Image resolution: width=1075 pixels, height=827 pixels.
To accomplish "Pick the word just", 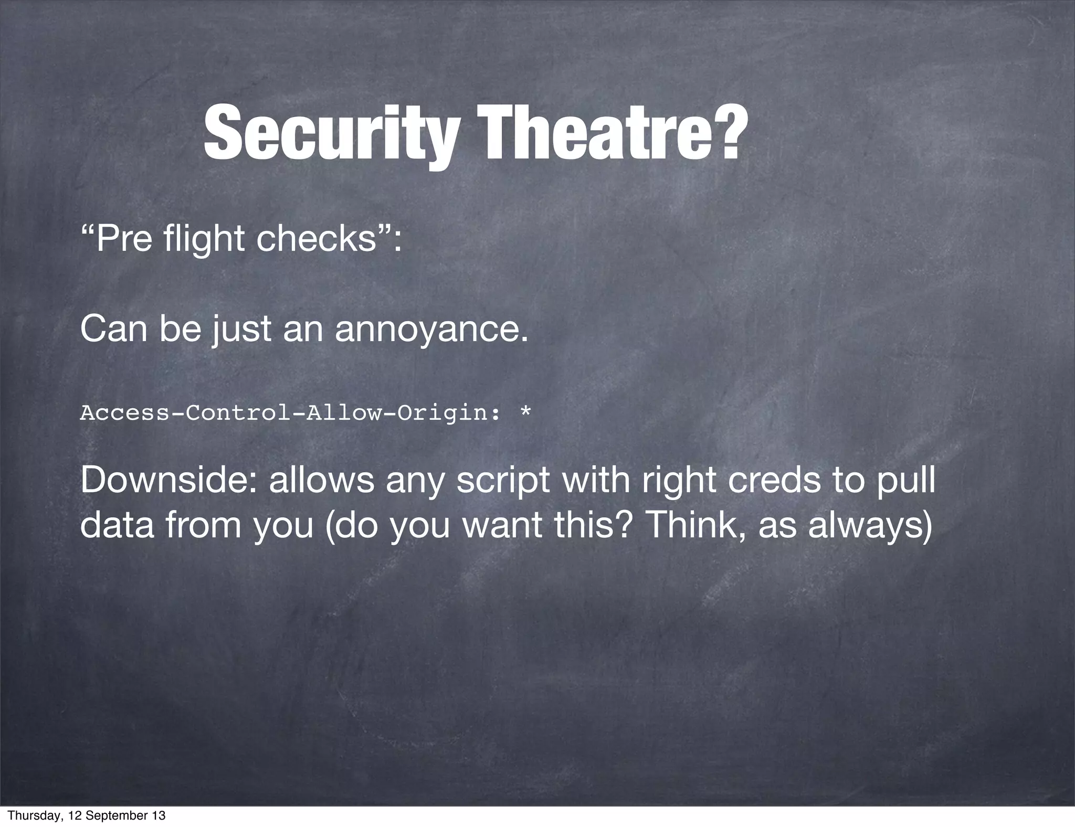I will click(x=241, y=331).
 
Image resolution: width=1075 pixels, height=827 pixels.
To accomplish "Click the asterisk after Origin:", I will click(x=524, y=410).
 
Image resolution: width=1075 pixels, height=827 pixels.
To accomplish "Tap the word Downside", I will click(x=168, y=480).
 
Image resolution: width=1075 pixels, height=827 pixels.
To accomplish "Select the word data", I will click(x=118, y=525).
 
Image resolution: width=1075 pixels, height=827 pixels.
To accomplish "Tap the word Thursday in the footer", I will click(x=34, y=815).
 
